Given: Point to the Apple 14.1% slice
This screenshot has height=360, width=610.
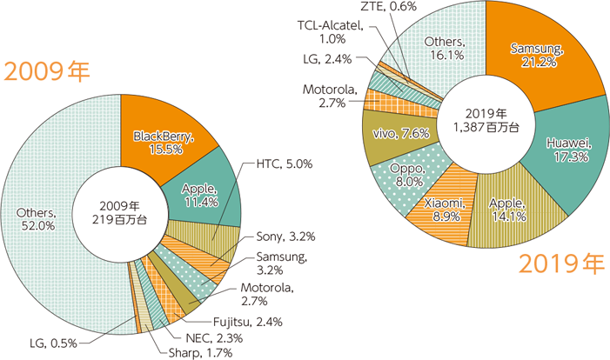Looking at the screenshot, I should [x=507, y=210].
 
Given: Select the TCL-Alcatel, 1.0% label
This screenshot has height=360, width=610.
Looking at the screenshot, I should [x=328, y=31].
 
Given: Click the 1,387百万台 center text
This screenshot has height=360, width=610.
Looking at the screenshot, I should [x=486, y=127].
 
